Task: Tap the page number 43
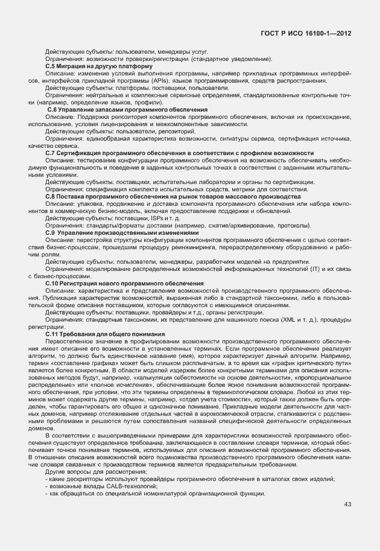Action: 348,505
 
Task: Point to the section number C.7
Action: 52,153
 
